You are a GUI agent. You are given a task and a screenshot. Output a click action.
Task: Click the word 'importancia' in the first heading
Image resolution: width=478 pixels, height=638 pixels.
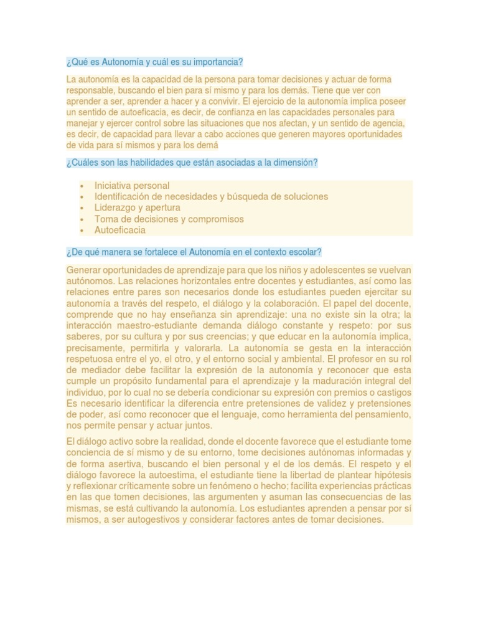[218, 62]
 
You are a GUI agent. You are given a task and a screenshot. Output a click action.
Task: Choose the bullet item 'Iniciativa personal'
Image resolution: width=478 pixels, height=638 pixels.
[131, 186]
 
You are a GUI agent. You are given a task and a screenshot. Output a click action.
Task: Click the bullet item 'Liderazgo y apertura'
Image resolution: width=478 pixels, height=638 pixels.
[137, 207]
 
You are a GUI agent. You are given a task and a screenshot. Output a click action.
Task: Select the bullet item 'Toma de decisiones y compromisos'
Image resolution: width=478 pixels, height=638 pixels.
[169, 219]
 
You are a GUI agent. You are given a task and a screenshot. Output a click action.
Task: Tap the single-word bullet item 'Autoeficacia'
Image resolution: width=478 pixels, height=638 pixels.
[119, 230]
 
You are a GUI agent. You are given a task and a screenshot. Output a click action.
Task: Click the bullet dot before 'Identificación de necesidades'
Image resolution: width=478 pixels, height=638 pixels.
[82, 197]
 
